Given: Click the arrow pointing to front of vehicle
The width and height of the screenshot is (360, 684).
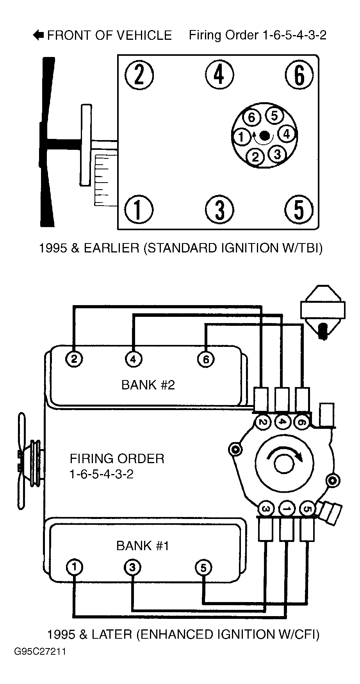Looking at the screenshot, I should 39,35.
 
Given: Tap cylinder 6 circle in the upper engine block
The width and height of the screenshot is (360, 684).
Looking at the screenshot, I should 299,74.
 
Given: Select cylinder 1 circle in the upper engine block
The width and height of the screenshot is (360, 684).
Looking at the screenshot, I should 139,209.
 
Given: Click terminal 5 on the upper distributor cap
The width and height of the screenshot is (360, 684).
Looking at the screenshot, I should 274,116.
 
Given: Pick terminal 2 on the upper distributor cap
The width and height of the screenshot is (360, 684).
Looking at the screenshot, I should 255,157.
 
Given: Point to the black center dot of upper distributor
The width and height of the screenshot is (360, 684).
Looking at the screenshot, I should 265,136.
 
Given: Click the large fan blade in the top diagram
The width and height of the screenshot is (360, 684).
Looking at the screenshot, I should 47,142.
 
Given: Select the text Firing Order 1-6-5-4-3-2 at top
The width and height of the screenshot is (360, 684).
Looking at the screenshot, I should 258,35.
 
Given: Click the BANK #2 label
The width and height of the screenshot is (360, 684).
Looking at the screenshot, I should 148,385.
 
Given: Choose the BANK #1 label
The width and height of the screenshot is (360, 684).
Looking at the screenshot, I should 143,545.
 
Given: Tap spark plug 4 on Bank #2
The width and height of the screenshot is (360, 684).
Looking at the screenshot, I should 133,359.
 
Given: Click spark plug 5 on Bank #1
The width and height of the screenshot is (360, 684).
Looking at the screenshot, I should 203,568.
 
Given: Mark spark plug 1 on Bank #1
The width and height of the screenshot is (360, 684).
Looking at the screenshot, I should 74,567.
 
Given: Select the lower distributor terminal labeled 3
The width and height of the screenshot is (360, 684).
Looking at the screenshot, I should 266,509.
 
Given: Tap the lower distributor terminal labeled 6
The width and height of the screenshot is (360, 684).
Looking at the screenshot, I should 301,422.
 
